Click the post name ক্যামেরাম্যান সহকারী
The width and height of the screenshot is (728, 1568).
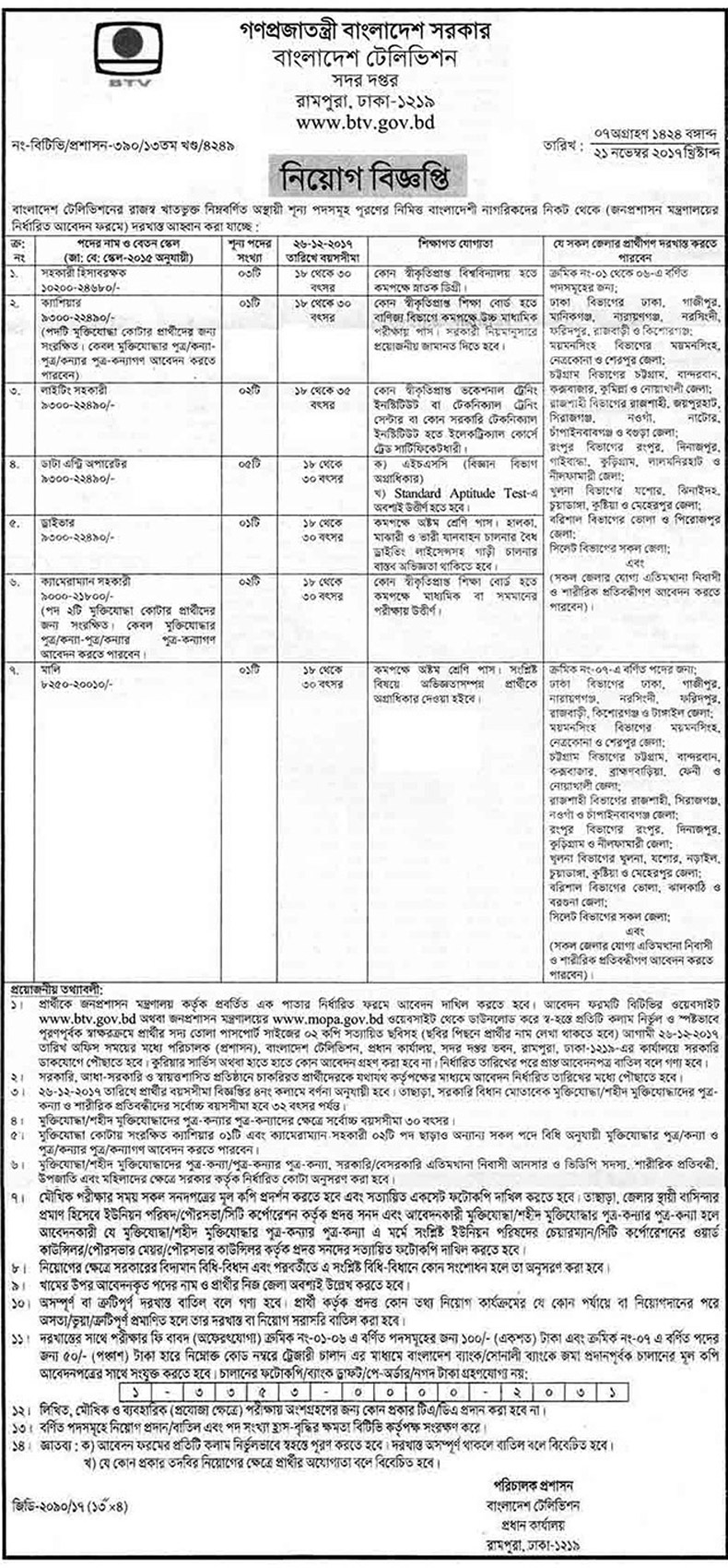pyautogui.click(x=85, y=581)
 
